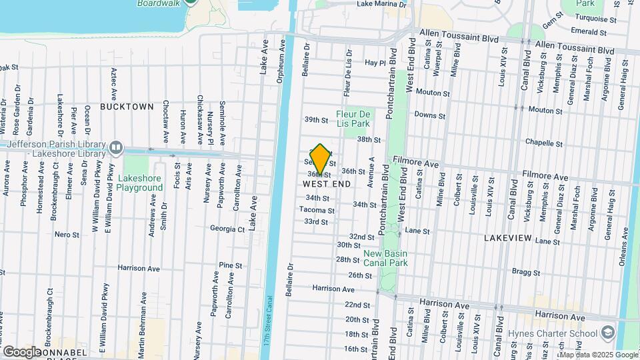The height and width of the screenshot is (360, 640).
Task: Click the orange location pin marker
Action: [x=320, y=159]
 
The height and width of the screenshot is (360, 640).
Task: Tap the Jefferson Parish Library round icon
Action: [x=116, y=146]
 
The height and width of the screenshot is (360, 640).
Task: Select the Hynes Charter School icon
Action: [x=607, y=331]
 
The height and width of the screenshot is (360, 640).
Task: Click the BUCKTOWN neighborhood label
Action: [x=127, y=107]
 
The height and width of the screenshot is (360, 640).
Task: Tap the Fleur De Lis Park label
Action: [x=353, y=119]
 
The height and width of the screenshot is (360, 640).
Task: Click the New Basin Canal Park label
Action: [x=386, y=258]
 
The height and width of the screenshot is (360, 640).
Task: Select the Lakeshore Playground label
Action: [x=140, y=183]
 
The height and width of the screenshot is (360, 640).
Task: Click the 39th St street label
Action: [x=317, y=120]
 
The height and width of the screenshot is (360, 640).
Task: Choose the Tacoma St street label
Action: [x=317, y=211]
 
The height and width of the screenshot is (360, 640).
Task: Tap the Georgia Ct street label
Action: [x=227, y=229]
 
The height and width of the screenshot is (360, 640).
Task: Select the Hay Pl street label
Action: [x=375, y=63]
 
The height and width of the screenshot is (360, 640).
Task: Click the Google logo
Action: [x=22, y=351]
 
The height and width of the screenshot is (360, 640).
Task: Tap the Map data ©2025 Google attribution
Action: [x=598, y=355]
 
